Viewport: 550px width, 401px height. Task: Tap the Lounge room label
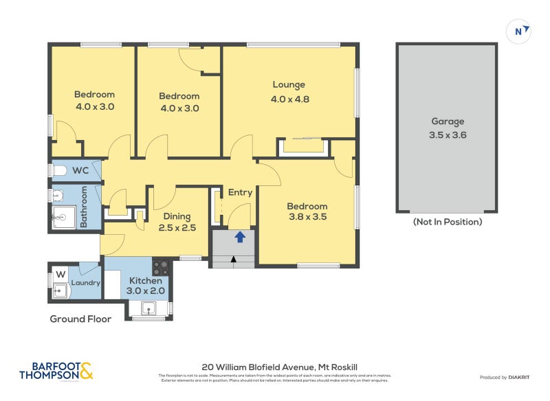click(x=289, y=85)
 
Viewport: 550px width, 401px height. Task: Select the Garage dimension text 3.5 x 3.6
click(x=448, y=135)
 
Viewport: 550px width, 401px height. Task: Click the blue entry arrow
click(x=240, y=238)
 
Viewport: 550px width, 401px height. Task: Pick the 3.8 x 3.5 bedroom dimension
click(x=307, y=217)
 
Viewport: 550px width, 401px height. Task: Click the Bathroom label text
click(x=84, y=208)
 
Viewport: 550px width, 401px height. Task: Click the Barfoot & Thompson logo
click(x=56, y=371)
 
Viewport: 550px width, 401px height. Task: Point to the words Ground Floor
click(x=80, y=319)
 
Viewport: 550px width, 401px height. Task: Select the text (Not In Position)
click(x=448, y=222)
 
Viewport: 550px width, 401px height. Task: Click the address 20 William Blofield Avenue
click(x=274, y=367)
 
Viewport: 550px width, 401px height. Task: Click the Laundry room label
click(x=86, y=283)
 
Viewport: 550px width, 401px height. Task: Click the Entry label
click(x=240, y=192)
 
